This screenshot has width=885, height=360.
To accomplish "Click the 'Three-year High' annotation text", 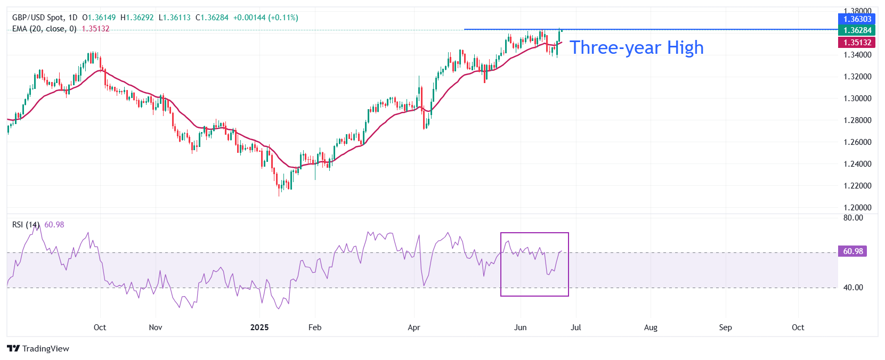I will pos(637,48).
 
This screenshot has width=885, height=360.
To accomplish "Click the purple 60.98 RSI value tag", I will pos(853,251).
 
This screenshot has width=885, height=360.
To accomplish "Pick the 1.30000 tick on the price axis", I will pos(857,99).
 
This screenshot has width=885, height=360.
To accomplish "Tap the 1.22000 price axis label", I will pos(857,186).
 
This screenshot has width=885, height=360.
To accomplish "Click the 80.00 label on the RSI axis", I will pos(853,218).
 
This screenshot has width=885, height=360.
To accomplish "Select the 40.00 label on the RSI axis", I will pos(853,288).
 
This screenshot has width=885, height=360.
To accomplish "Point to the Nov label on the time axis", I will pos(156,328).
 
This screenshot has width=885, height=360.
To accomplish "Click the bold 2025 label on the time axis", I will pos(259,328).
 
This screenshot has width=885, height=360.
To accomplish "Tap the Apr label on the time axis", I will pos(414,328).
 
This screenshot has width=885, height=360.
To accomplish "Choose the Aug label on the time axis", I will pos(651,328).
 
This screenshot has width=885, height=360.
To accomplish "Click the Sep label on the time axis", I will pos(725,328).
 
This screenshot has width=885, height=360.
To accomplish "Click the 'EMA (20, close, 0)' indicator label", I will pos(44,29).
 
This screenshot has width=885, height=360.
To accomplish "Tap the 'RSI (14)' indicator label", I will pos(26,225).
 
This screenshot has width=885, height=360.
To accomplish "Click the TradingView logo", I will pos(38,349).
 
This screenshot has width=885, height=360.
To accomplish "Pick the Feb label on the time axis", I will pos(315,328).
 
